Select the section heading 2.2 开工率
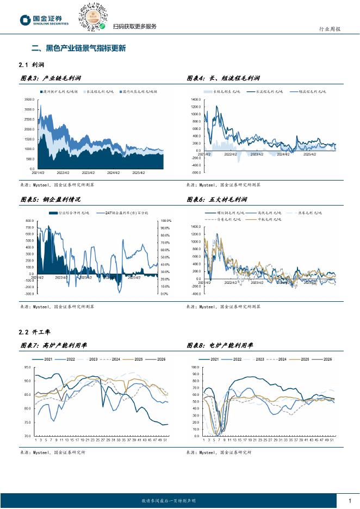coord(33,332)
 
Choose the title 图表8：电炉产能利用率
coord(220,345)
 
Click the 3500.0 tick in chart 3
coord(29,100)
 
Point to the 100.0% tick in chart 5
coord(166,220)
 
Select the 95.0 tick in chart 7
coord(27,367)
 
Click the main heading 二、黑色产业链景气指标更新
coord(78,48)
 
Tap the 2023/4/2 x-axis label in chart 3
coord(88,173)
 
